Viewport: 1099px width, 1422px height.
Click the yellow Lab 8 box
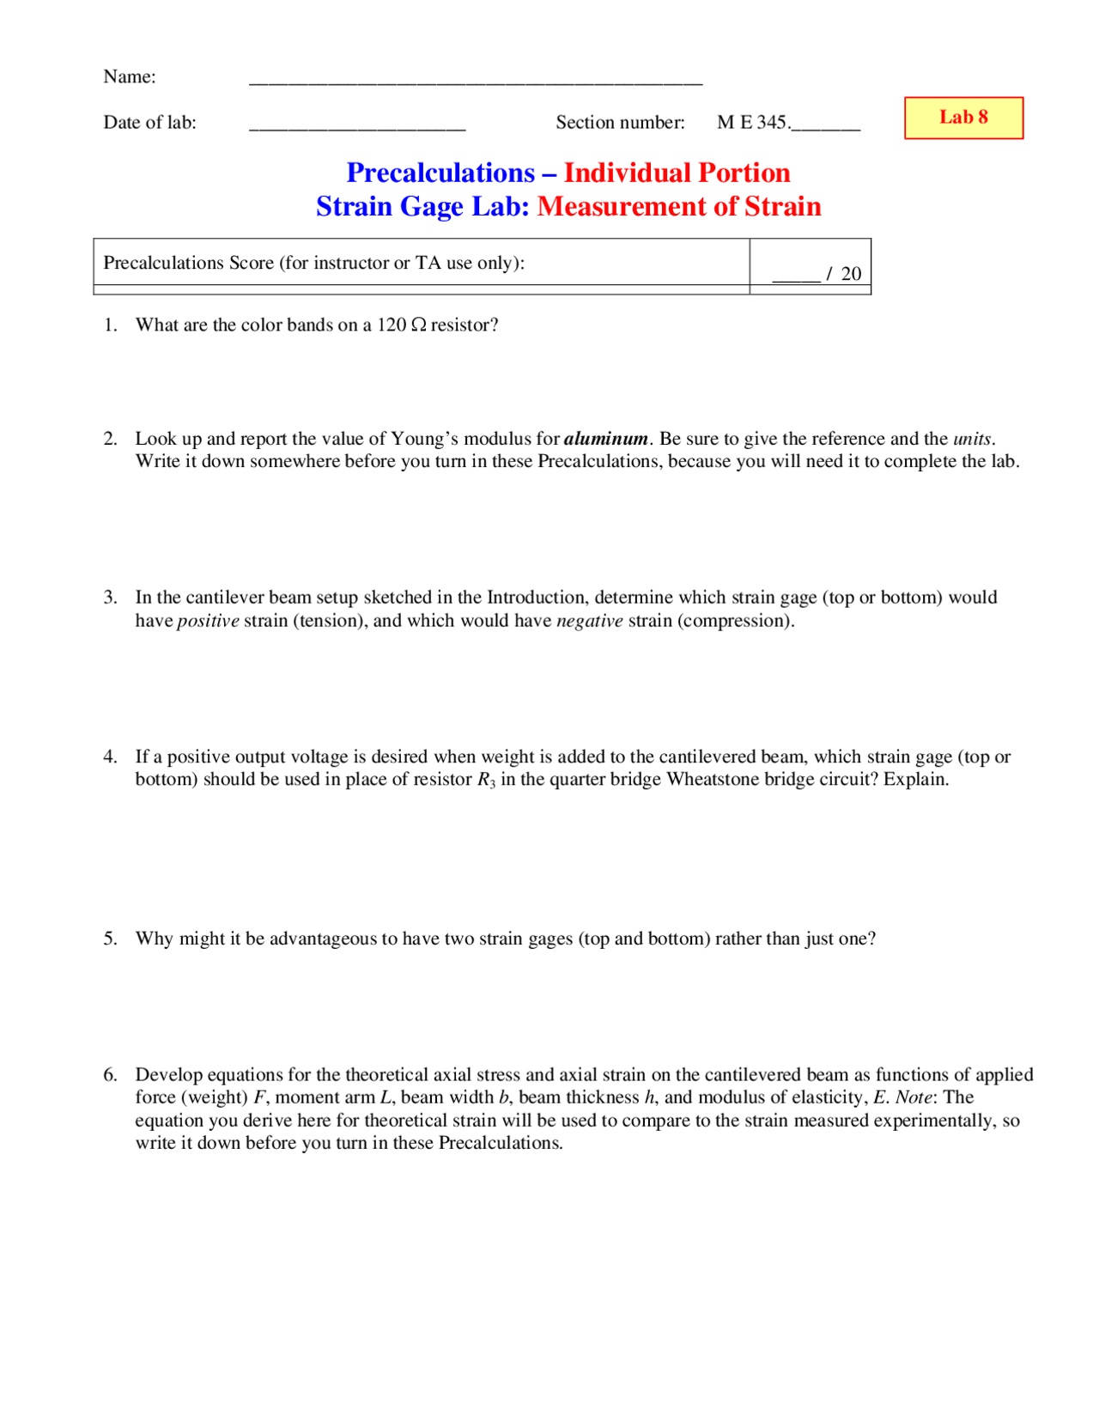pos(962,118)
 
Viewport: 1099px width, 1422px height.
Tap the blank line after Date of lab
pos(356,126)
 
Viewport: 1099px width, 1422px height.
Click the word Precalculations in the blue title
pos(440,173)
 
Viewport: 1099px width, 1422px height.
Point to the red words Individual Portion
pos(676,173)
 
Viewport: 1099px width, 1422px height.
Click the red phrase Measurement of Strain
pos(678,207)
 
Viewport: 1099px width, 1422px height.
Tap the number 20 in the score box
pos(850,274)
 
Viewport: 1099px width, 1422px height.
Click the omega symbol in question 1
pos(418,325)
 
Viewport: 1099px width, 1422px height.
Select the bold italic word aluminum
pos(605,439)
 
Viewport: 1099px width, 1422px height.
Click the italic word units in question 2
pos(972,439)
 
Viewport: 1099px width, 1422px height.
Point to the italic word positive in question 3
pos(208,621)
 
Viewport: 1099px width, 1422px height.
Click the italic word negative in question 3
pos(589,621)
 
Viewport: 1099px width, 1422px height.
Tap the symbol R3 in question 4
pos(486,781)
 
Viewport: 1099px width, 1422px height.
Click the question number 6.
pos(110,1075)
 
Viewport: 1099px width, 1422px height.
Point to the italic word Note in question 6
pos(914,1097)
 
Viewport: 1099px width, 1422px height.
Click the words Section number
pos(620,123)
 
